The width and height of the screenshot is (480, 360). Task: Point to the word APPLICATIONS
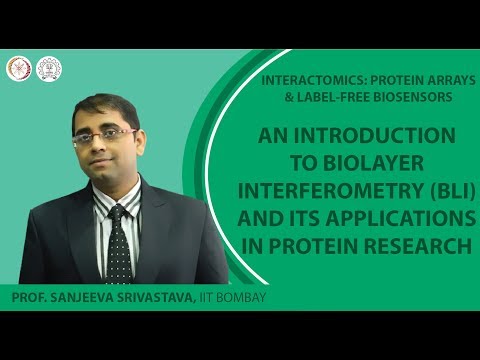392,218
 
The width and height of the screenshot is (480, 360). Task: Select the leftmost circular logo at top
18,69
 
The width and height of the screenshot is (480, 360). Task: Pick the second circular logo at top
46,69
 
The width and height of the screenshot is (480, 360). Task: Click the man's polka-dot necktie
119,245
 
